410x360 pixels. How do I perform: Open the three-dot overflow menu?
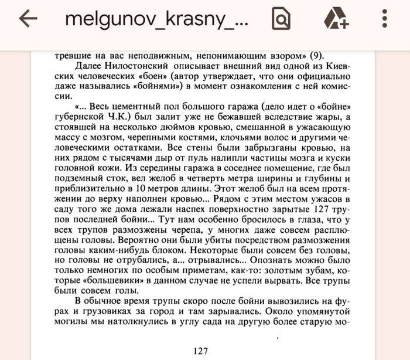pos(384,19)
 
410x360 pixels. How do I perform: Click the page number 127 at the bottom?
pos(200,351)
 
